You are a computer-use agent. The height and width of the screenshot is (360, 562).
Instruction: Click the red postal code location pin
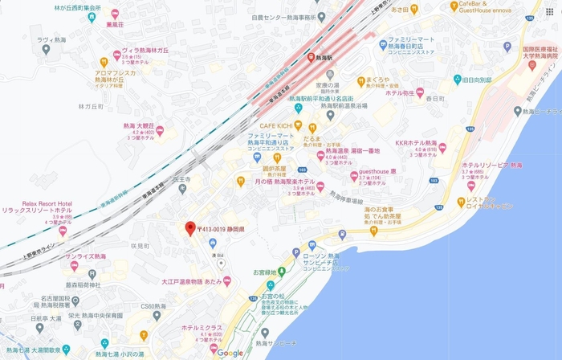[x=189, y=228]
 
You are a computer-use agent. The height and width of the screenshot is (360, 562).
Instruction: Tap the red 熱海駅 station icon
[x=312, y=58]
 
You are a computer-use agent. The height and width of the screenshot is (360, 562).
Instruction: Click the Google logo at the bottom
[x=230, y=353]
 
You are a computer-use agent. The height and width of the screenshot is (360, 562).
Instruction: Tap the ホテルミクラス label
[x=201, y=328]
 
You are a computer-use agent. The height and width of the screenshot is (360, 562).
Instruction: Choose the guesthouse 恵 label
[x=377, y=172]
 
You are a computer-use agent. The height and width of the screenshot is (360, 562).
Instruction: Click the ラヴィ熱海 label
[x=51, y=39]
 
